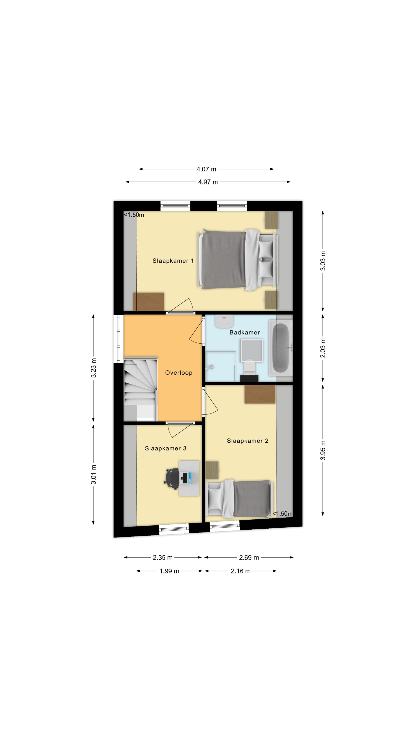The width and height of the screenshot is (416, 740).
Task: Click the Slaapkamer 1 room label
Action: tap(173, 261)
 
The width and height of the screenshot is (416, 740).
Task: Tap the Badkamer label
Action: tap(245, 332)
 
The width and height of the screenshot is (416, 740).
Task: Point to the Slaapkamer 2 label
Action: tap(247, 441)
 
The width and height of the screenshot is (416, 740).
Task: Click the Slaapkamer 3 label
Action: tap(165, 448)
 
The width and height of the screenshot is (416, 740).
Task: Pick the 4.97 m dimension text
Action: tap(208, 182)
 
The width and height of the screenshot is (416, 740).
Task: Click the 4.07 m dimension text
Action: tap(206, 169)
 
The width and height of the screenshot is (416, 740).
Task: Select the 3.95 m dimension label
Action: tap(323, 450)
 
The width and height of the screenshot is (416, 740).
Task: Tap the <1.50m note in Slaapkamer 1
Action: tap(134, 215)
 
